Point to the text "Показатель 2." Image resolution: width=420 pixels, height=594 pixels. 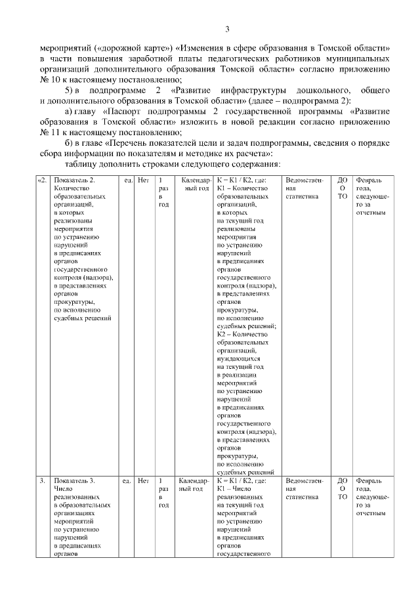pyautogui.click(x=75, y=180)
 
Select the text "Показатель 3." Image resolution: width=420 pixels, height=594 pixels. pyautogui.click(x=75, y=480)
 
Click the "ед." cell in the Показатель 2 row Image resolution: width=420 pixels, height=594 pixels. pyautogui.click(x=127, y=180)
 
